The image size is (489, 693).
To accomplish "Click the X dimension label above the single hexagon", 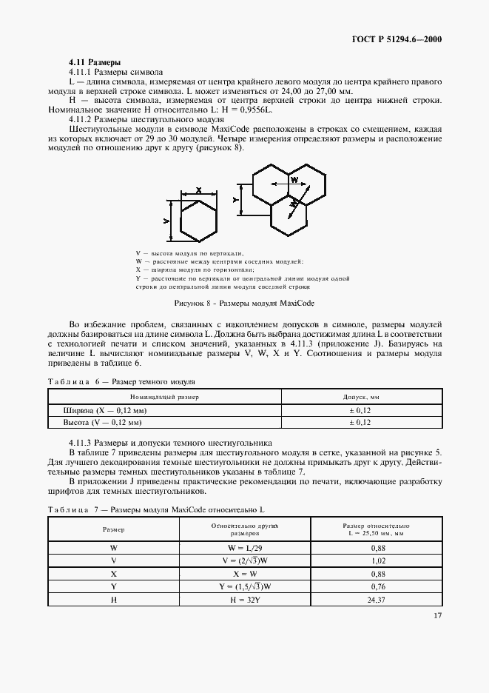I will coord(199,190).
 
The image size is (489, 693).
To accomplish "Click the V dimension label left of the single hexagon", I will coord(167,221).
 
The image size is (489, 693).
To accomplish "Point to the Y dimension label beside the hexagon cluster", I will coord(235,200).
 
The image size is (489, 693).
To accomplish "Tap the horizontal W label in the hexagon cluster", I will coord(294,180).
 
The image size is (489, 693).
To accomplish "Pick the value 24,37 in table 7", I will coord(377,600).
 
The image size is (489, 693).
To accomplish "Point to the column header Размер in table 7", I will coord(113,529).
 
